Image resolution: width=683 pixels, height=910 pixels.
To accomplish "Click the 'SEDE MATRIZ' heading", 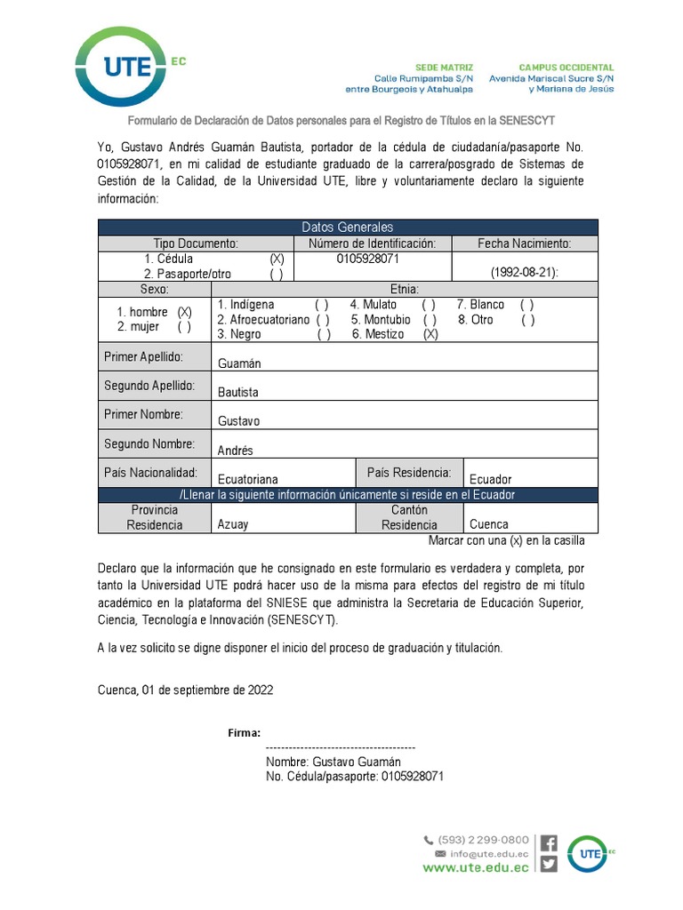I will pos(445,68).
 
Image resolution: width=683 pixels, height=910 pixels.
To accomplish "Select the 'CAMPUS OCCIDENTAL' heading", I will pos(566,68).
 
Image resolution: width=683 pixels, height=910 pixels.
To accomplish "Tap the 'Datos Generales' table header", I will pos(348,227).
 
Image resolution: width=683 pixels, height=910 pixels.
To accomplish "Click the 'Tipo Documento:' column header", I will pos(196,243).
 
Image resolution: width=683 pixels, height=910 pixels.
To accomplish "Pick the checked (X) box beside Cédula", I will pos(277,259).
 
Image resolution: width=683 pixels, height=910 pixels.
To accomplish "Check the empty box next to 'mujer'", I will pos(184,326).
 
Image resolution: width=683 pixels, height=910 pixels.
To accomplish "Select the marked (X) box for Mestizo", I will pos(430,334).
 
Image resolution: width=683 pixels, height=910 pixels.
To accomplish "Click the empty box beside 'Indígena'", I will pos(322,305).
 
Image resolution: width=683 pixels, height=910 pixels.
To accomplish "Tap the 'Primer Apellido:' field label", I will pos(143,357).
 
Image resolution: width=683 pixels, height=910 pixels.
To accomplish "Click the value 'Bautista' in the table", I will pos(238,392).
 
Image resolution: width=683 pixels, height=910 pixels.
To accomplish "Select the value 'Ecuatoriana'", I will pos(248,479).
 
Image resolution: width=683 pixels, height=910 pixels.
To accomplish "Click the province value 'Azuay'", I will pos(233,524).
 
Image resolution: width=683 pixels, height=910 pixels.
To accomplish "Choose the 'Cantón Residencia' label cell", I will pos(409,517).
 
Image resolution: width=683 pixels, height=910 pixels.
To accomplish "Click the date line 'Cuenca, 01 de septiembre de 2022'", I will pos(185,690).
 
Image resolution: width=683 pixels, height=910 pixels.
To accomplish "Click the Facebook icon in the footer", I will pos(550,843).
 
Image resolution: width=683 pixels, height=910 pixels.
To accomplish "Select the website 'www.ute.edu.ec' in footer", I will pos(476,867).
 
